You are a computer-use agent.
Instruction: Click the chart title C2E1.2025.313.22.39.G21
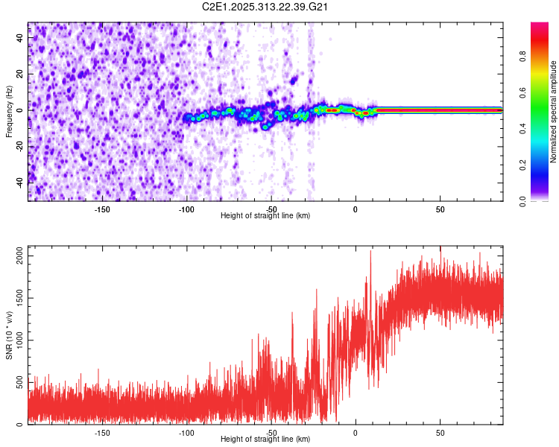[x=260, y=7]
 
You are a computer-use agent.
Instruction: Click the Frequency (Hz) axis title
[x=9, y=112]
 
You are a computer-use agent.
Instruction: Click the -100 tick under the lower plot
[x=186, y=432]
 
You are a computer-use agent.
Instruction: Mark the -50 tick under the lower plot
[x=271, y=432]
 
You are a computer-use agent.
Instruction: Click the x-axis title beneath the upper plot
[x=265, y=215]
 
